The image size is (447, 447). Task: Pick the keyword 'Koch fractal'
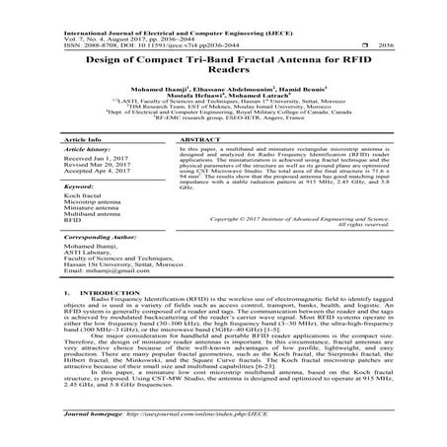(x=83, y=197)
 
